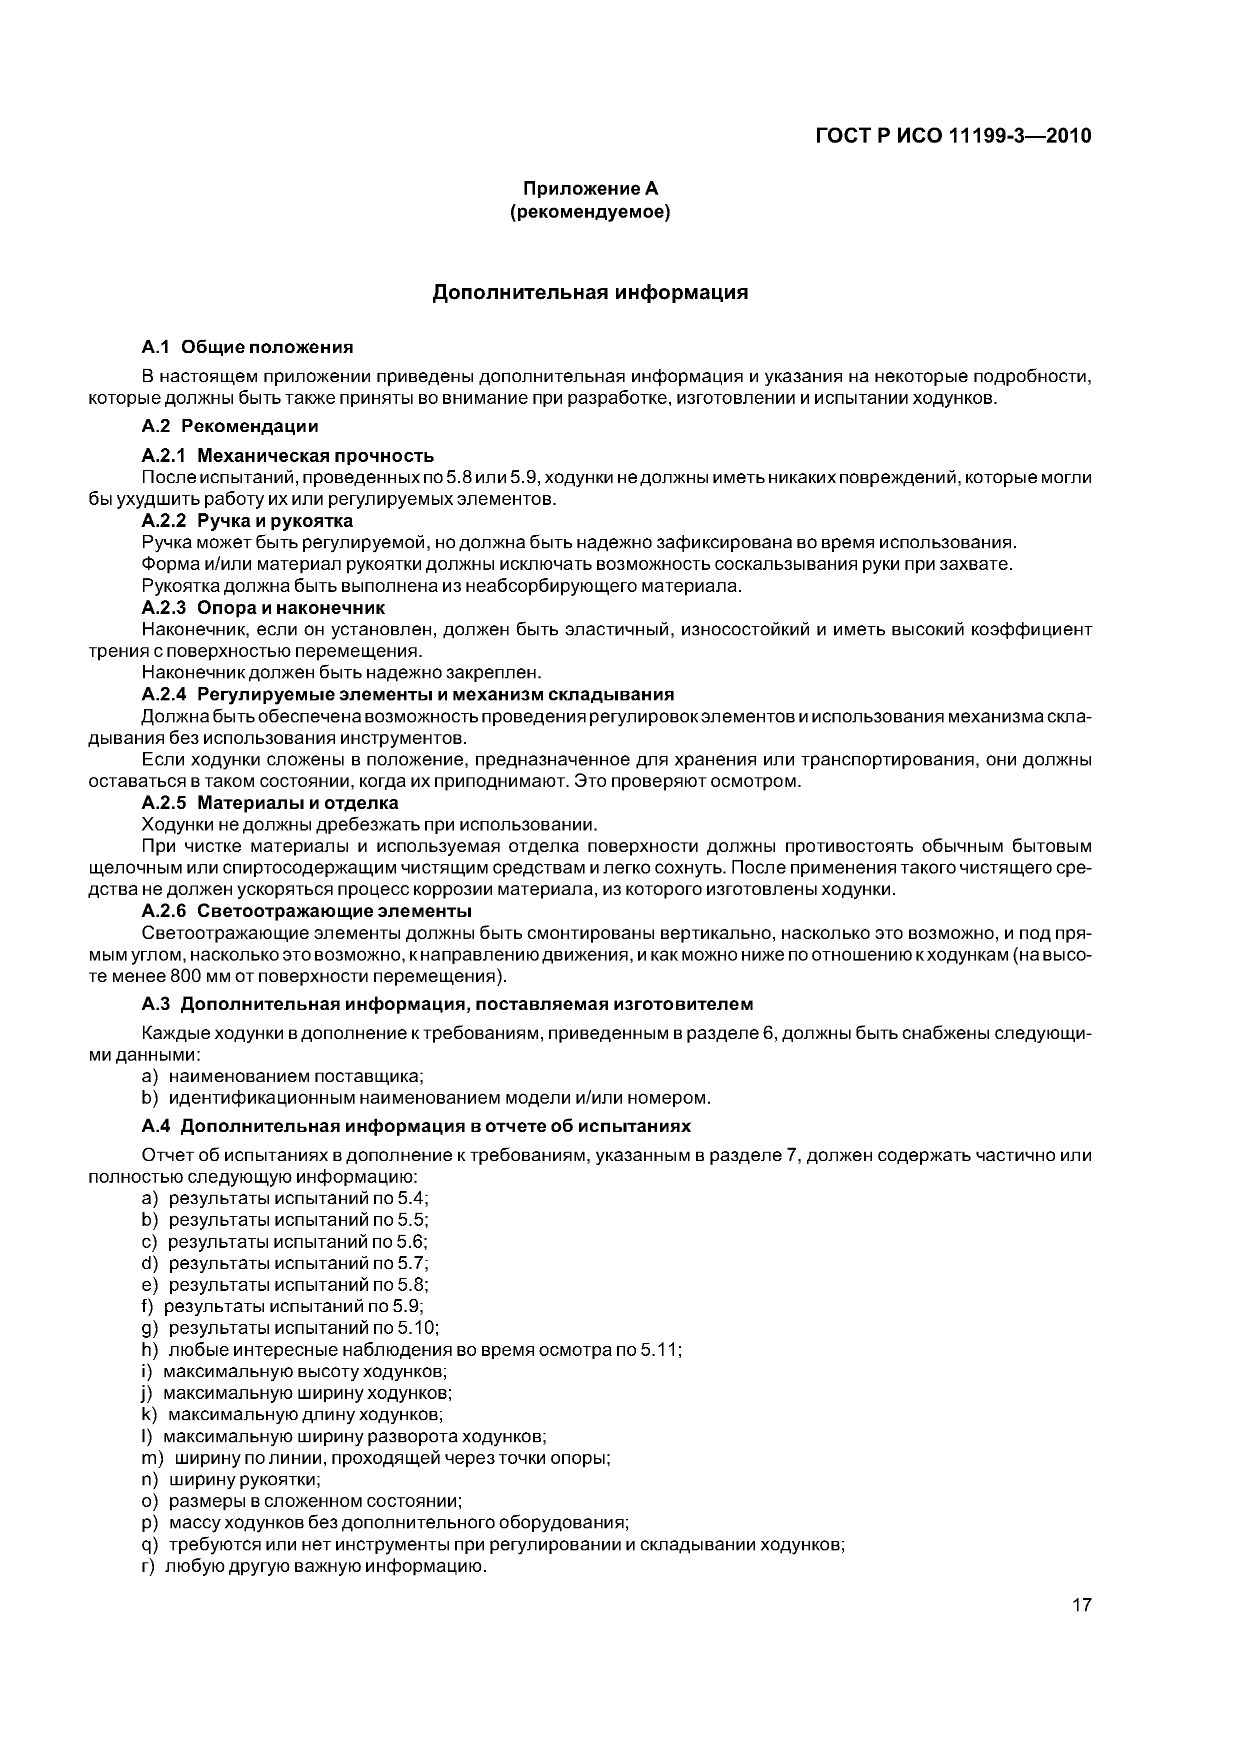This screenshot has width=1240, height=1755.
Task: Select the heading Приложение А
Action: click(x=590, y=188)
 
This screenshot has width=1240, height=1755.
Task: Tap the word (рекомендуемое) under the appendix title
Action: click(x=590, y=213)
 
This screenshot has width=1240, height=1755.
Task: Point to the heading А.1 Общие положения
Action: click(x=247, y=348)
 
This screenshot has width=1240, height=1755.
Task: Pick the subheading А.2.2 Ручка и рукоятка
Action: click(x=247, y=521)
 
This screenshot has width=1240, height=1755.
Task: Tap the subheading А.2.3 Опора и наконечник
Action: click(x=263, y=608)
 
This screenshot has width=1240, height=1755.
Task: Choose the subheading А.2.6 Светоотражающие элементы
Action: click(x=306, y=912)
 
